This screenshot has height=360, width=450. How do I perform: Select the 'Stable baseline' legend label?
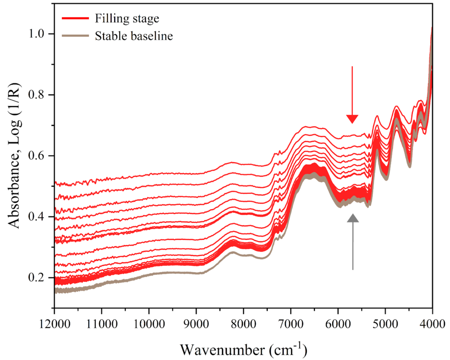134,36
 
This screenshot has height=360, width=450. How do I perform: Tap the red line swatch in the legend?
76,18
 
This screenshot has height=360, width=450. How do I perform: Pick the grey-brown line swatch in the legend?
76,36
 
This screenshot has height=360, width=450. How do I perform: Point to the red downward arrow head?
352,119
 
